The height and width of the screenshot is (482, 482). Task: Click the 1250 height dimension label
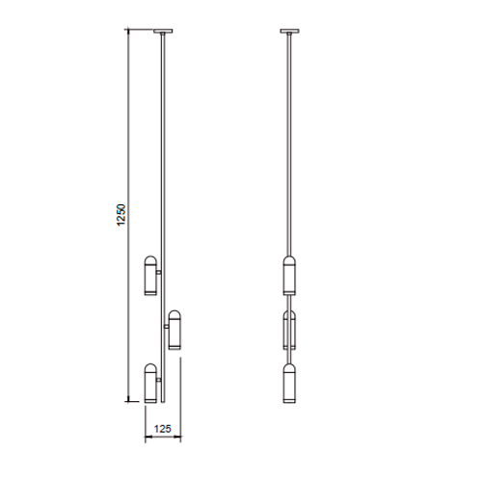(x=121, y=215)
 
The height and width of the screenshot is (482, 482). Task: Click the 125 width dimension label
(x=163, y=429)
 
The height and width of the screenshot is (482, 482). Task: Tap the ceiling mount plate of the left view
(x=163, y=31)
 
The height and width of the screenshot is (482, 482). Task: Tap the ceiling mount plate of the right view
(x=290, y=31)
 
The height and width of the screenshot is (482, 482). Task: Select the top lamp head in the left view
(x=150, y=276)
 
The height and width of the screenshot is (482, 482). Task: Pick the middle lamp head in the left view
(x=174, y=330)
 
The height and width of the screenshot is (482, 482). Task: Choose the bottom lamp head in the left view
(x=150, y=383)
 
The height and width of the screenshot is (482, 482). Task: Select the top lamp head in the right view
(x=289, y=276)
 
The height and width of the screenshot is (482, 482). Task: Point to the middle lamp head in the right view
(x=289, y=330)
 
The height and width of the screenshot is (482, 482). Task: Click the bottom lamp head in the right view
(x=289, y=383)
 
